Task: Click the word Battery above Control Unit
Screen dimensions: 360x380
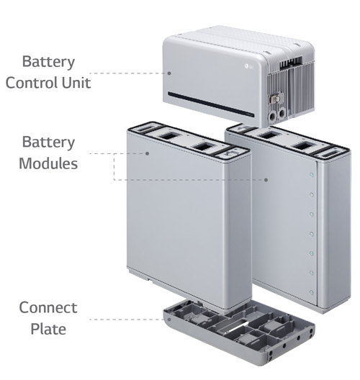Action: pos(48,62)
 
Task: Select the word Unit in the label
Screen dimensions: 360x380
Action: pos(76,83)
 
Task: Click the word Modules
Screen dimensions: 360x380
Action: pos(48,163)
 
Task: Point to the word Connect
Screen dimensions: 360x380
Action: pos(48,308)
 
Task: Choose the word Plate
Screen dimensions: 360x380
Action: pos(48,329)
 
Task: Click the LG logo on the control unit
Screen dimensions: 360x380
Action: pos(249,66)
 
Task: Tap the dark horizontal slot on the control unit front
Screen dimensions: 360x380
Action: pos(211,104)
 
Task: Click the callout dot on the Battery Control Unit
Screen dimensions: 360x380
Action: pos(169,73)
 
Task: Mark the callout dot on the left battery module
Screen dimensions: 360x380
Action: pos(147,153)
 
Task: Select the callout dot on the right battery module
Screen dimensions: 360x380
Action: pos(266,180)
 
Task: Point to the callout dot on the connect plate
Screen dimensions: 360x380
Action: pos(169,320)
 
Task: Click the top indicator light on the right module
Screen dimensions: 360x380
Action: pos(312,175)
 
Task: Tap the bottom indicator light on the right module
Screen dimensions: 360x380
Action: pos(312,292)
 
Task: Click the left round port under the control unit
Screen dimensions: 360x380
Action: pos(273,115)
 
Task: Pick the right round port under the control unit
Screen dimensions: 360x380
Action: pos(282,114)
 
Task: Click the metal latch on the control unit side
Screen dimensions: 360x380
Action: pos(274,99)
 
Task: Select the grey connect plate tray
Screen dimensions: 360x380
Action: pos(239,332)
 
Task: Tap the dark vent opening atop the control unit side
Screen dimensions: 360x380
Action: pos(291,63)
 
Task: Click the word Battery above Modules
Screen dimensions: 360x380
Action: pos(48,142)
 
